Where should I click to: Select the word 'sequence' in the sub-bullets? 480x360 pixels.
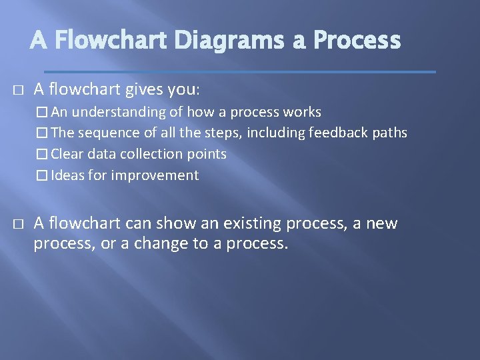pos(103,133)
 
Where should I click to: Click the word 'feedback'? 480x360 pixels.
pos(337,133)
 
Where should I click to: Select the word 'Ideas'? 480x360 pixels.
pos(67,175)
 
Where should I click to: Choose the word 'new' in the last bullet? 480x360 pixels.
pos(383,223)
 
